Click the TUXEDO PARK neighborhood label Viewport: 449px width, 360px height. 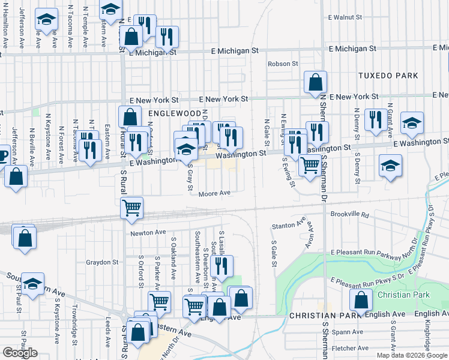click(387, 76)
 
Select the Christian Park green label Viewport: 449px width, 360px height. click(403, 295)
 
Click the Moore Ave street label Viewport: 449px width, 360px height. click(215, 193)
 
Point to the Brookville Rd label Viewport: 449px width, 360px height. click(348, 214)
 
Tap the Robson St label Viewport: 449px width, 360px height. click(283, 64)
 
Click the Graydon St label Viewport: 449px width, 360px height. click(101, 262)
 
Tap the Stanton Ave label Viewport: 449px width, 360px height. click(289, 225)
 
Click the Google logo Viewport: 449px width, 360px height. click(20, 353)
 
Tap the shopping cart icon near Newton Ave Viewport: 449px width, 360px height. click(131, 208)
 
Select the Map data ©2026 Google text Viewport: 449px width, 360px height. click(412, 355)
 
